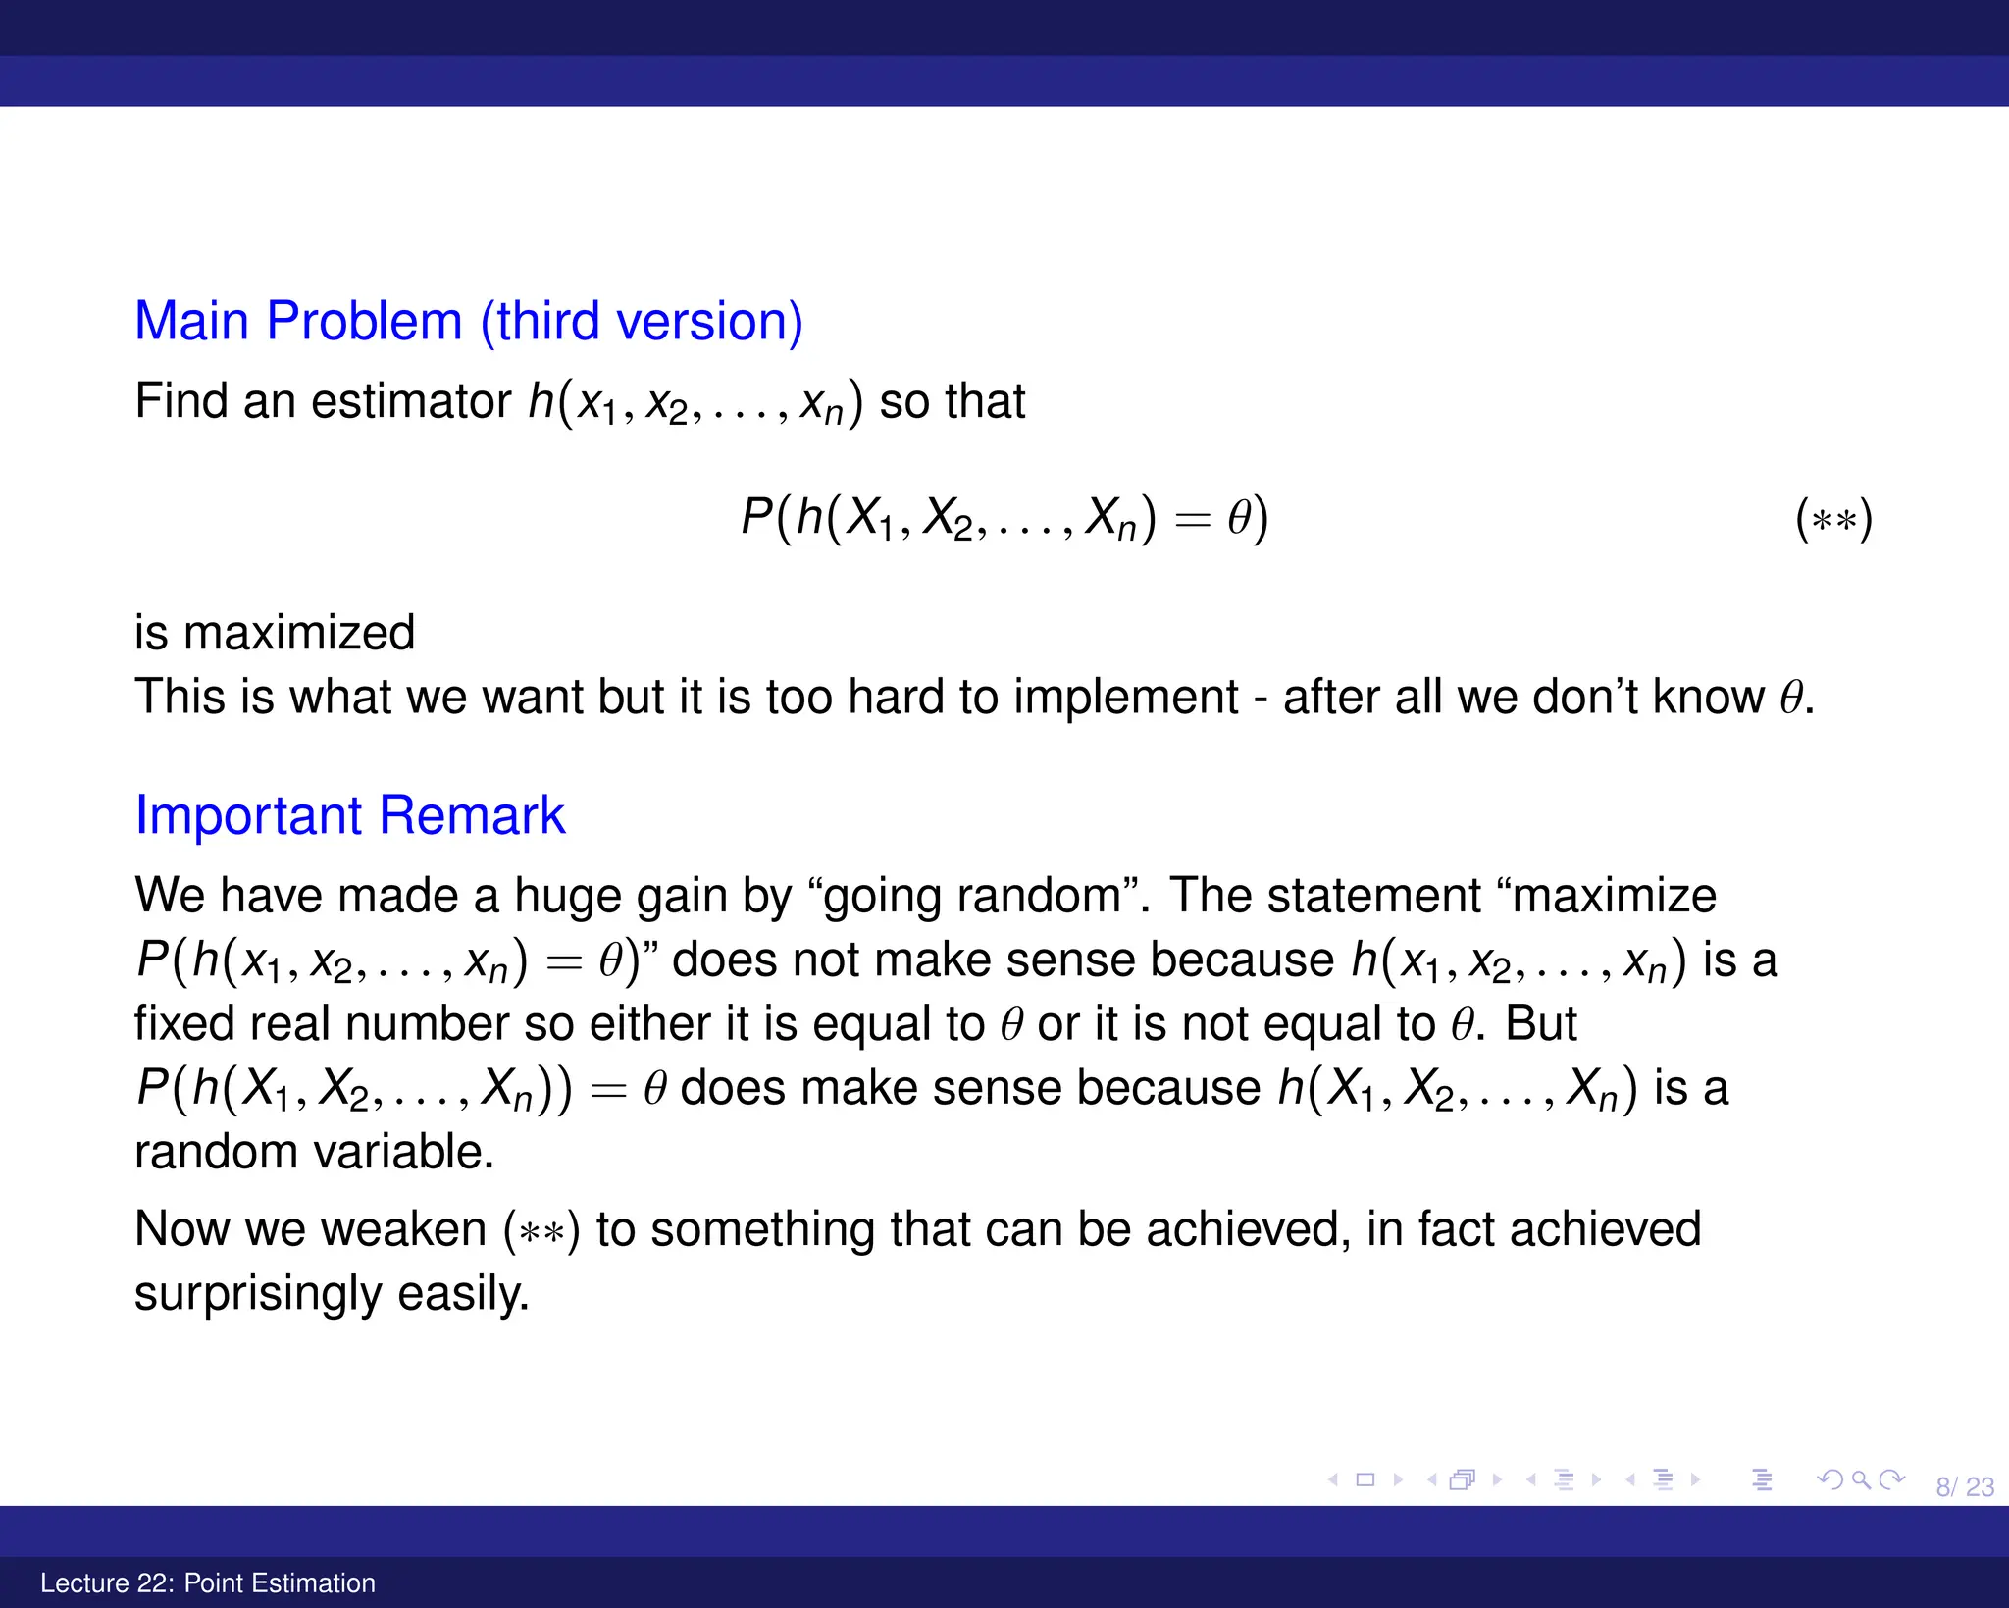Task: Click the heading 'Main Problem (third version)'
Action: click(x=468, y=322)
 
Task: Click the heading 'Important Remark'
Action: click(x=349, y=816)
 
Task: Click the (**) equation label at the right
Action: click(x=1833, y=519)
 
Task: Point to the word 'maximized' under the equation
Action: click(x=299, y=633)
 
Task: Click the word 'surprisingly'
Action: click(x=257, y=1294)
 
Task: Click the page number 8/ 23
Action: click(x=1964, y=1487)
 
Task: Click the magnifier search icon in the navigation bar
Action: click(x=1860, y=1479)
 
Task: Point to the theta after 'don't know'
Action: click(x=1791, y=699)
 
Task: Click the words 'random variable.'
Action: click(x=314, y=1152)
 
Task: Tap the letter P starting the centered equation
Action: click(x=756, y=517)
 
